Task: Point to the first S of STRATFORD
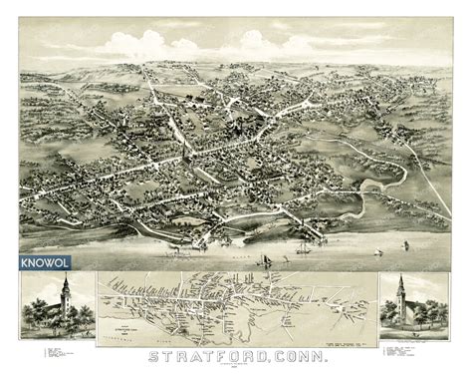[x=152, y=356]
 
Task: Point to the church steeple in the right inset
[x=399, y=289]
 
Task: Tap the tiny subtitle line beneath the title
[x=236, y=367]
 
